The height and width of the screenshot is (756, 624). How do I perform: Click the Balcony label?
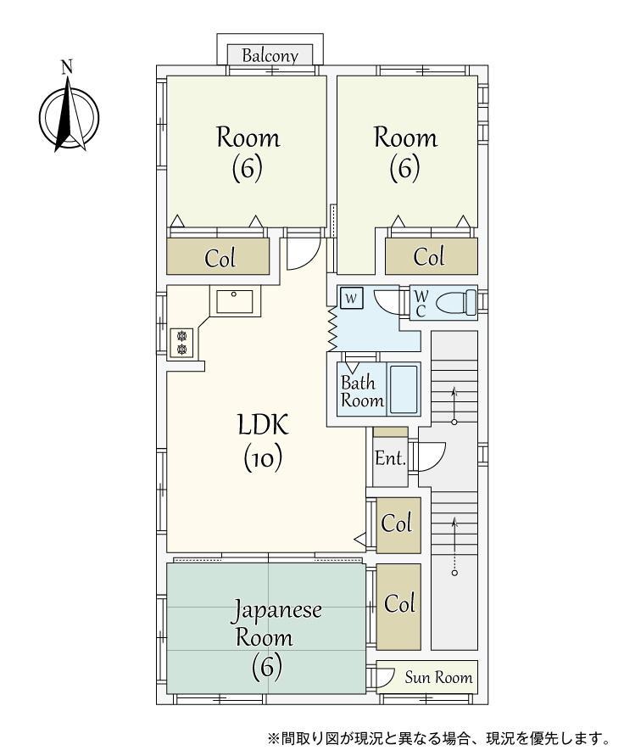point(270,56)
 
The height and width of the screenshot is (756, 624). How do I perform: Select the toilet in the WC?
point(456,303)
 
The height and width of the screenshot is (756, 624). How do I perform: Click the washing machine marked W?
point(351,298)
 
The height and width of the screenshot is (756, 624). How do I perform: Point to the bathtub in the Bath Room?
point(403,389)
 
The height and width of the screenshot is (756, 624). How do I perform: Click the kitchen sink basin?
point(235,301)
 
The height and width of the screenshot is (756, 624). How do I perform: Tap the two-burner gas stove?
point(181,342)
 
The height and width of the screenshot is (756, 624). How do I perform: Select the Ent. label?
point(390,457)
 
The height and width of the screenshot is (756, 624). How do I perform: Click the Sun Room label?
point(438,677)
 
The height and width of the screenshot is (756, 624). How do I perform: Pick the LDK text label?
point(264,425)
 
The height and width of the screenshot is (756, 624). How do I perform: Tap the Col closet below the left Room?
point(218,257)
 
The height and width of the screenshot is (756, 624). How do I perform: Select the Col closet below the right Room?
point(432,256)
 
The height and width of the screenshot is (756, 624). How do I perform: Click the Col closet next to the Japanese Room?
point(398,607)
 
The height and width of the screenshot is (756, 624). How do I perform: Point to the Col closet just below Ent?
point(398,525)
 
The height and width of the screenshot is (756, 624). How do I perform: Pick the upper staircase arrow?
point(454,404)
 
